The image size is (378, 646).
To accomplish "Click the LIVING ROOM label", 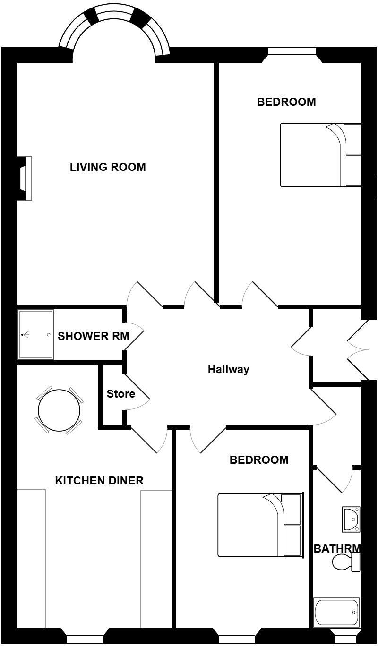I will (108, 167).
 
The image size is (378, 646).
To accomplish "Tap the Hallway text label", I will (228, 369).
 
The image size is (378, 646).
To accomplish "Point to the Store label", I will (120, 394).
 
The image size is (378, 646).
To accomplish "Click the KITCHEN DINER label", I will (99, 481).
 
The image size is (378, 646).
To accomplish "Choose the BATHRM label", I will (337, 549).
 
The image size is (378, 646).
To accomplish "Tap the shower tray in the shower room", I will (36, 335).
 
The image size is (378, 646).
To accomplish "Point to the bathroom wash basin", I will (351, 518).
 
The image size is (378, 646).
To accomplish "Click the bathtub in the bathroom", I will (336, 612).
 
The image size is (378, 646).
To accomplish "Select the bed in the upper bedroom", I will (320, 155).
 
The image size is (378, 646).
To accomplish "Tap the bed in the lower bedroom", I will (259, 525).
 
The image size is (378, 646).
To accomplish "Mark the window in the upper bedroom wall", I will (292, 51).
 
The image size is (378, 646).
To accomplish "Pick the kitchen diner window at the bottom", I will (85, 639).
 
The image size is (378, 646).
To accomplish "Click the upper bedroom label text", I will (286, 102).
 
